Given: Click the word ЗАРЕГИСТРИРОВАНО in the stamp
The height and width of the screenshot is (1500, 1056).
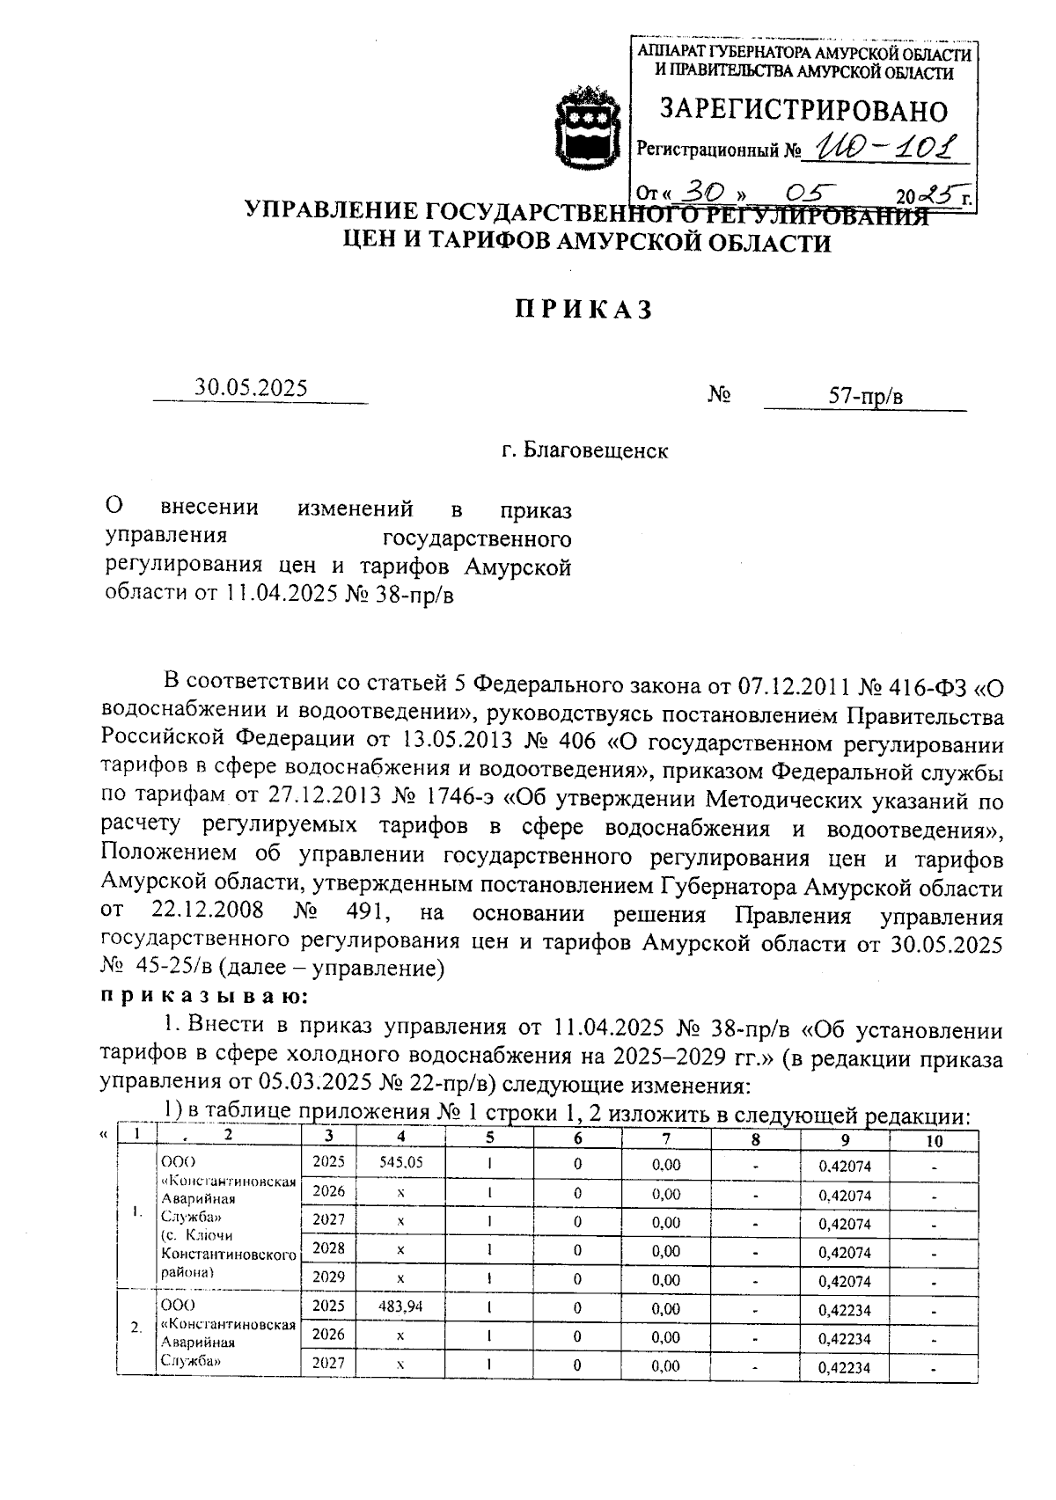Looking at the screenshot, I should tap(803, 111).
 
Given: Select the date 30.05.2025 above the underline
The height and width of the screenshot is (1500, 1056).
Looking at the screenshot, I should tap(252, 388).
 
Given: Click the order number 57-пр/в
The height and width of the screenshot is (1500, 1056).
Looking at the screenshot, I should tap(866, 397).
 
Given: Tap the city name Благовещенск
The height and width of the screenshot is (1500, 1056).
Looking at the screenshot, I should tap(596, 451).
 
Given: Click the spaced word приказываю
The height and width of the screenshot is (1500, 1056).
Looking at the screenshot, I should tap(204, 996).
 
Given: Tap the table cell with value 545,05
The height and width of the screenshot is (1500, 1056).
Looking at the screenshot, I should tap(400, 1161).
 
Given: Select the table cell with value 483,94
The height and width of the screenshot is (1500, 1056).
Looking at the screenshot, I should tap(400, 1306).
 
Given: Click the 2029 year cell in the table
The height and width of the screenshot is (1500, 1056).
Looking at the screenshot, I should tap(328, 1277).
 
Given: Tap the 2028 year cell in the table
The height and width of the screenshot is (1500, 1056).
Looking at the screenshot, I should tap(328, 1248).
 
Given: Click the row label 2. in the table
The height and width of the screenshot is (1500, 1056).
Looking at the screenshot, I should tap(136, 1327).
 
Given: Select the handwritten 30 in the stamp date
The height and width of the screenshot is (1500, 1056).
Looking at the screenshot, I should tap(703, 192).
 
